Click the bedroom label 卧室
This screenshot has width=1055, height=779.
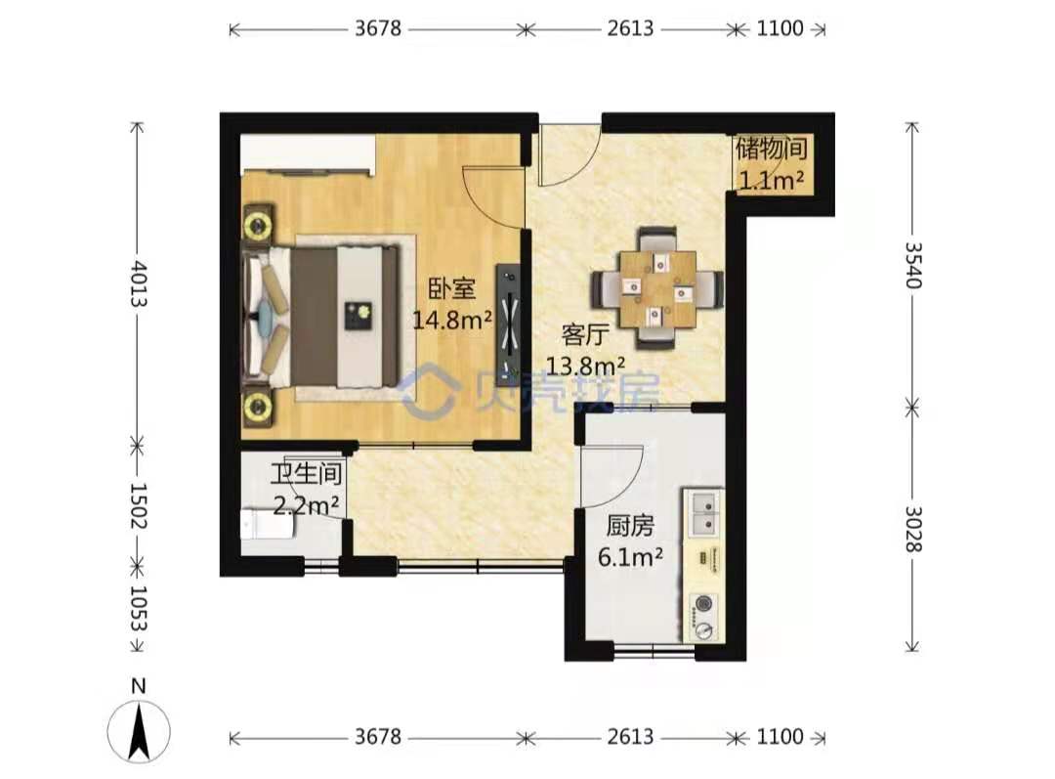click(x=452, y=289)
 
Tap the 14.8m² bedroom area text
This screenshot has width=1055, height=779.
click(x=452, y=320)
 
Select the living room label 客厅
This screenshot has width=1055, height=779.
click(x=585, y=334)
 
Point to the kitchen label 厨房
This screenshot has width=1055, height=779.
click(x=630, y=526)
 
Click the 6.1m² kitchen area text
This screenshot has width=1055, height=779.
click(x=630, y=557)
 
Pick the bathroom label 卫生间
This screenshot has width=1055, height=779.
click(x=306, y=473)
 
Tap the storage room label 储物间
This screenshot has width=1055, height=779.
click(x=772, y=149)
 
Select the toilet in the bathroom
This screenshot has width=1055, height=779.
click(x=267, y=525)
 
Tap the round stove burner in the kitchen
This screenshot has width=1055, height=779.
click(x=704, y=604)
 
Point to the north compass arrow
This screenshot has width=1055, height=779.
click(x=140, y=730)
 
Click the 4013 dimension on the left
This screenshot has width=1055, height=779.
click(x=138, y=283)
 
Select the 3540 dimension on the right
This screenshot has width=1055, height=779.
click(x=912, y=265)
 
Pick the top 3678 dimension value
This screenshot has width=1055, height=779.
click(x=378, y=28)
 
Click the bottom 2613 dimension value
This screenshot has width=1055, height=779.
click(x=630, y=737)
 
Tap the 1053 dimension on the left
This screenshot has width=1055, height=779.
click(x=138, y=608)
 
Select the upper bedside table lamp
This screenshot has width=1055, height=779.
click(x=258, y=223)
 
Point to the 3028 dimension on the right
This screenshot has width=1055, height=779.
click(x=912, y=529)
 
